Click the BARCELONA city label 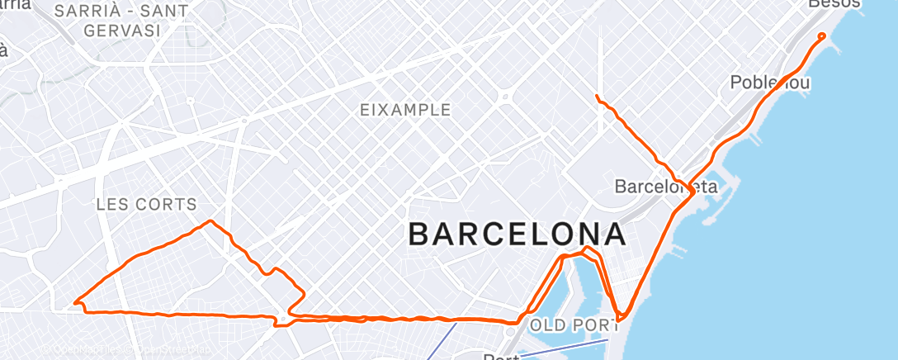coord(517,234)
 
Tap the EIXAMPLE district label coord(406,110)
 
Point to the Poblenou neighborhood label coord(770,83)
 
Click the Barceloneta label coord(667,187)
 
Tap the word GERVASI coord(121,31)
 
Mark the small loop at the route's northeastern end coord(820,36)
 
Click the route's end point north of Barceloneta coord(597,97)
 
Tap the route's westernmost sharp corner coord(75,302)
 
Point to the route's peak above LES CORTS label coord(211,221)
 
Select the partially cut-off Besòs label coord(834,4)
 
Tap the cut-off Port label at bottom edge coord(500,357)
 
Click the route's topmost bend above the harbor coord(587,248)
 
